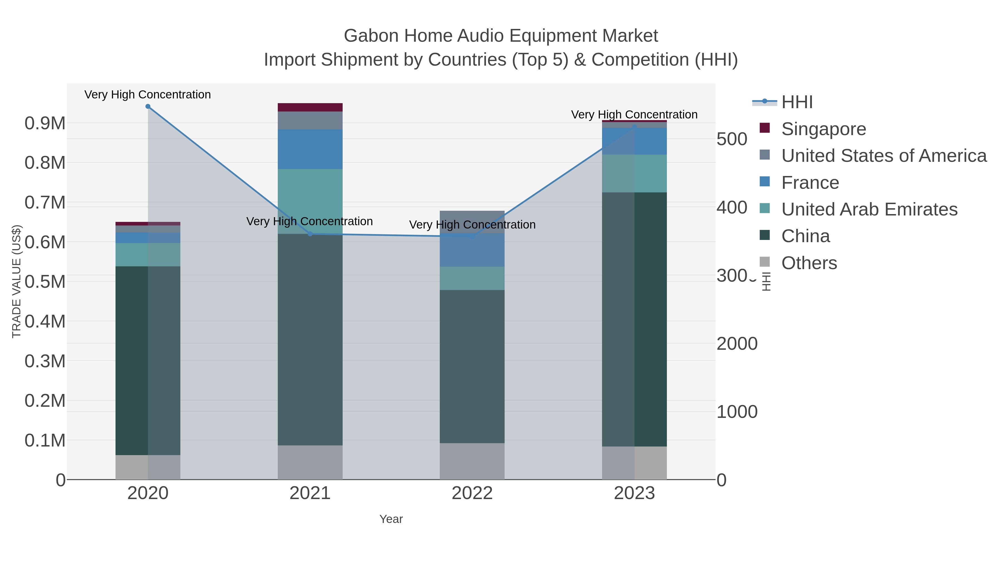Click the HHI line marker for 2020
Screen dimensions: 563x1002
(148, 106)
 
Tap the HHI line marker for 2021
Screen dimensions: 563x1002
(310, 234)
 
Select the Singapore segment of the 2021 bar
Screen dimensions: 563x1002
(310, 107)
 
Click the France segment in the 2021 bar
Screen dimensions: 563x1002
(310, 149)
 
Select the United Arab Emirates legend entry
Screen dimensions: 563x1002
(869, 209)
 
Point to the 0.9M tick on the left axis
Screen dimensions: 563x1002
(45, 123)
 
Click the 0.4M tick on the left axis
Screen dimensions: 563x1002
(45, 321)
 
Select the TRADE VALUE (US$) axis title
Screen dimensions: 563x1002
(16, 281)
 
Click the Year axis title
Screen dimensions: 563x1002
(391, 519)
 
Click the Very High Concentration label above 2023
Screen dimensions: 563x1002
(634, 115)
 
